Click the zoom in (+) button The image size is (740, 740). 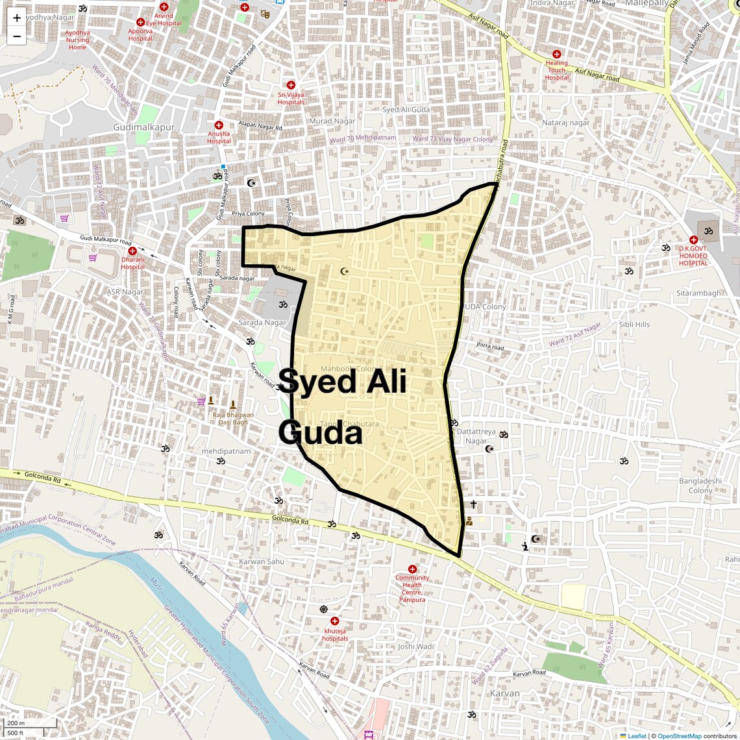tap(17, 18)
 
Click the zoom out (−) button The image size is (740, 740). tap(17, 36)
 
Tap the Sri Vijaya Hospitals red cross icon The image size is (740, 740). tap(291, 85)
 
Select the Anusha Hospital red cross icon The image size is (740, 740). tap(219, 125)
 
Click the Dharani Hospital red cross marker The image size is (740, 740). tap(132, 251)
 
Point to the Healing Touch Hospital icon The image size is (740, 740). tap(556, 55)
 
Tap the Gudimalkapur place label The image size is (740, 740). tap(143, 127)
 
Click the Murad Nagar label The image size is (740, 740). tap(332, 121)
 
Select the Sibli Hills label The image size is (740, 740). tap(634, 325)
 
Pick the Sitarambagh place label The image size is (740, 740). tap(698, 293)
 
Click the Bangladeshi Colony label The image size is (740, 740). tap(700, 486)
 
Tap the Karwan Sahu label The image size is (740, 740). tap(262, 561)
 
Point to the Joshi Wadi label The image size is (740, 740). tap(415, 647)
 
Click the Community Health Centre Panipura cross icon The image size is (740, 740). tap(412, 569)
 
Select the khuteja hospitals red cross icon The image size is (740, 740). tap(335, 621)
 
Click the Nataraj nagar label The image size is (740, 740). tap(565, 123)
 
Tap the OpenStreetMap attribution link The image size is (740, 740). tap(679, 735)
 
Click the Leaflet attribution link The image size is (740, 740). tap(636, 735)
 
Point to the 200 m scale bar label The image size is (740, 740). tap(16, 723)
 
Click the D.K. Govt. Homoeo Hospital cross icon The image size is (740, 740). tap(693, 240)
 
